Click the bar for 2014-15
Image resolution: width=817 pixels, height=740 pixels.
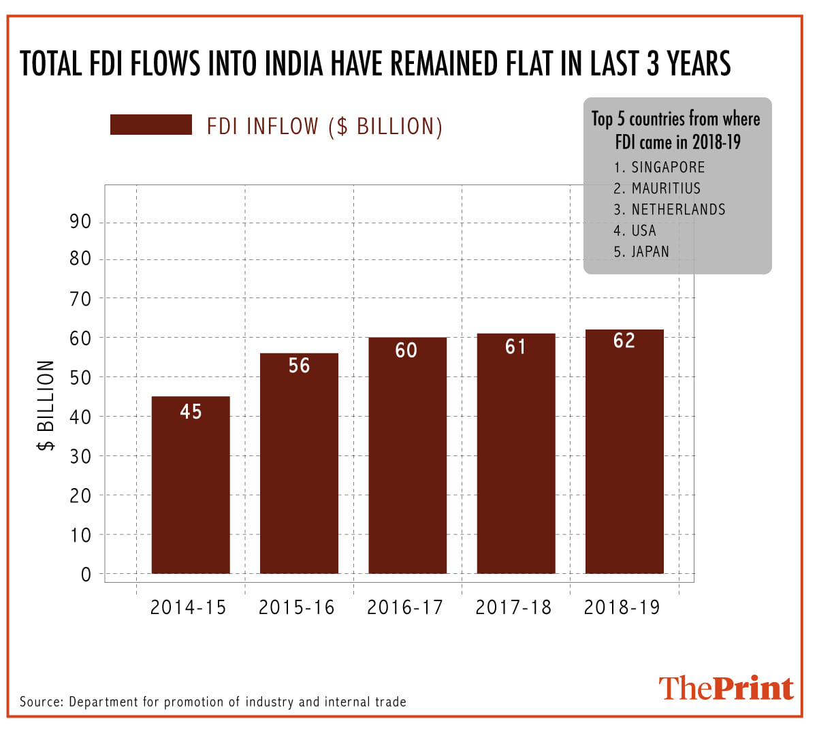191,485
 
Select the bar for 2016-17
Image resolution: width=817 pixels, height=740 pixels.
407,455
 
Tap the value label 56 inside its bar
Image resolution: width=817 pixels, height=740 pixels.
299,366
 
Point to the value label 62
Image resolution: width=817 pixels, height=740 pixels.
624,340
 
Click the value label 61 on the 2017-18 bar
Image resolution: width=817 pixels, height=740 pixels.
515,347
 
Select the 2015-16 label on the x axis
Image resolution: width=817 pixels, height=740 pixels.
297,607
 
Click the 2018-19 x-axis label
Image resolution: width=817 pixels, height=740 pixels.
622,607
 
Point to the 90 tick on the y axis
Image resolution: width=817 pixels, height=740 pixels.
80,221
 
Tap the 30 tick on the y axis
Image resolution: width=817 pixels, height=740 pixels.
80,456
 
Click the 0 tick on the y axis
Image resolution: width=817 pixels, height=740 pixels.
86,575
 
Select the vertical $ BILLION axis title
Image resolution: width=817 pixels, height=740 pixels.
46,405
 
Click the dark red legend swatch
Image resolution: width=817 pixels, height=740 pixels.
150,125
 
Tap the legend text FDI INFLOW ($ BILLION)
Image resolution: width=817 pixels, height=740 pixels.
325,127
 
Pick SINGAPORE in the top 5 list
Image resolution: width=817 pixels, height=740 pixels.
667,167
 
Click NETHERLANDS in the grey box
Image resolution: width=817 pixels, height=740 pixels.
678,210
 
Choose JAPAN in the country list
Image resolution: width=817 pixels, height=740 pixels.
650,252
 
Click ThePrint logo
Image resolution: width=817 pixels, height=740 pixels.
726,688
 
